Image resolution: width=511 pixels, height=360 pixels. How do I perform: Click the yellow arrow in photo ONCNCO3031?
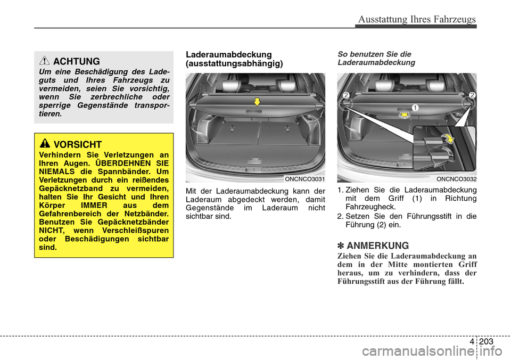point(256,101)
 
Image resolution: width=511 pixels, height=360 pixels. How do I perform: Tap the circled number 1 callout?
point(414,108)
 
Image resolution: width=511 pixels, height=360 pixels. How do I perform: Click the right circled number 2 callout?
point(471,95)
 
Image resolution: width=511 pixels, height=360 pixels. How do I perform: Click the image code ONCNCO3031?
point(304,179)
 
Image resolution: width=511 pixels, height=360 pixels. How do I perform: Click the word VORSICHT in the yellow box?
point(78,144)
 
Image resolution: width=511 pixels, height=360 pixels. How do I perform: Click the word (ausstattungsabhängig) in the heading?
point(234,63)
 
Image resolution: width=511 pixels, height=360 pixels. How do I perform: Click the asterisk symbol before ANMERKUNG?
point(341,246)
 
